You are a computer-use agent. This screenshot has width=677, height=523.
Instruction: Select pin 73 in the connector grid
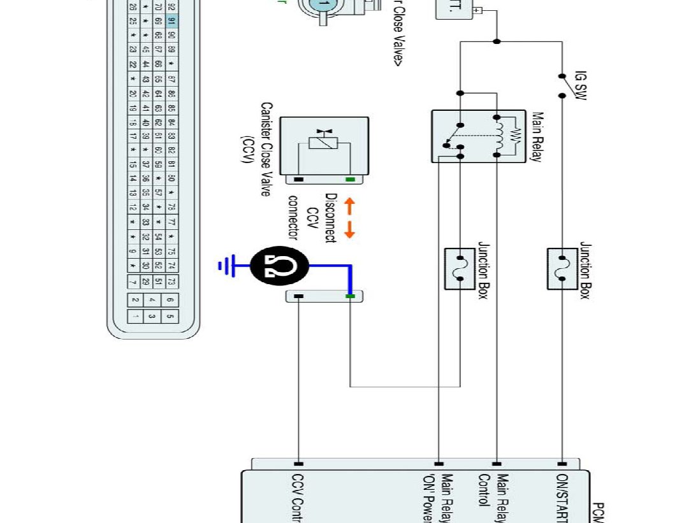pyautogui.click(x=171, y=281)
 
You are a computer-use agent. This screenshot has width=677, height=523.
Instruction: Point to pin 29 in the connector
pyautogui.click(x=146, y=281)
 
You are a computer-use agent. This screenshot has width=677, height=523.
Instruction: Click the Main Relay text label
pyautogui.click(x=537, y=137)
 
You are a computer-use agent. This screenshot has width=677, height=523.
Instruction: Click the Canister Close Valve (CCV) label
pyautogui.click(x=258, y=149)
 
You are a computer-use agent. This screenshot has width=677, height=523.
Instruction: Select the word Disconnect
pyautogui.click(x=330, y=218)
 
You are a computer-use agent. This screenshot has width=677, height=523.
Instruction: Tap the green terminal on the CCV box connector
pyautogui.click(x=350, y=179)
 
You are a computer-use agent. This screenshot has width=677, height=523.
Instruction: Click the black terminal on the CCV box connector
pyautogui.click(x=298, y=179)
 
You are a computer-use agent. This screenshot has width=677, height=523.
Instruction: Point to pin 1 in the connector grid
pyautogui.click(x=135, y=316)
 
